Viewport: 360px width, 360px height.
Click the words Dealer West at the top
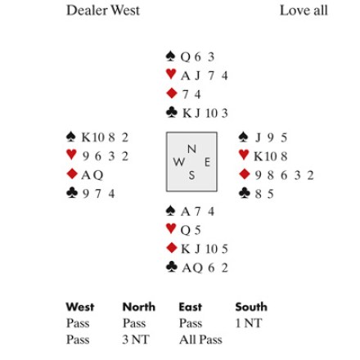click(x=103, y=11)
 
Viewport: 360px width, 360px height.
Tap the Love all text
click(x=304, y=11)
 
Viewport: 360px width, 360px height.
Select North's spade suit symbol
click(x=170, y=56)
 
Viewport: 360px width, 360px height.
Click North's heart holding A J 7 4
click(x=204, y=75)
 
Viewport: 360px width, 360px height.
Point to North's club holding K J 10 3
click(x=205, y=113)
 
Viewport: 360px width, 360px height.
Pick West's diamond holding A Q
click(x=92, y=175)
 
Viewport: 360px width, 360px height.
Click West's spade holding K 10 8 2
click(x=105, y=137)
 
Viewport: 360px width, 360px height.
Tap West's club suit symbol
click(x=72, y=192)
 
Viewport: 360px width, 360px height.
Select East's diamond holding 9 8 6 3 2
click(x=284, y=175)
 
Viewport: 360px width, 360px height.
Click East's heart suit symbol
click(x=244, y=155)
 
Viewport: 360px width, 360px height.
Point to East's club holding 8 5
click(x=264, y=194)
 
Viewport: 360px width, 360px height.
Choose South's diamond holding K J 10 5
click(x=205, y=249)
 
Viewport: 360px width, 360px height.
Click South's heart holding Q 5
click(x=191, y=230)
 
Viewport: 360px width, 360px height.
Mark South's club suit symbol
click(x=171, y=267)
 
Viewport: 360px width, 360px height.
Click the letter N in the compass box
click(x=191, y=149)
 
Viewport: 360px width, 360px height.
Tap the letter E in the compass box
click(x=207, y=162)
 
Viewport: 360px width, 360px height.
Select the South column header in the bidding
click(x=251, y=307)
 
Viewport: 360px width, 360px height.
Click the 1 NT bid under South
click(x=249, y=323)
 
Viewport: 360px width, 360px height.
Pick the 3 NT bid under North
click(x=136, y=340)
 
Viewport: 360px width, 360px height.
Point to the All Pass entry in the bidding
click(x=200, y=340)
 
